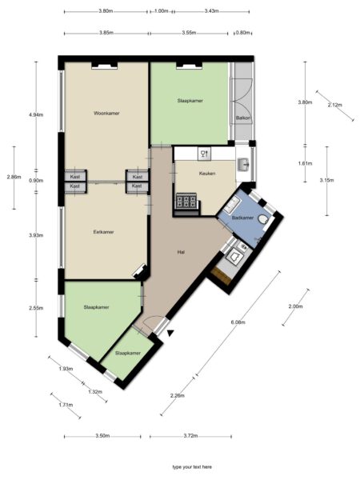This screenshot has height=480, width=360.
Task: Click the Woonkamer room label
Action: click(106, 114)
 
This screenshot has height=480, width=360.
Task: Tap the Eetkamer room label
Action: click(103, 232)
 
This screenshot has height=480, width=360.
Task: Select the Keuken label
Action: click(207, 174)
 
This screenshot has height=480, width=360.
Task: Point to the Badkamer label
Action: click(242, 218)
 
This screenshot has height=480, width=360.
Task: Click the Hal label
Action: click(181, 252)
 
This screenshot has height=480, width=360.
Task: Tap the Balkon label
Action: click(244, 118)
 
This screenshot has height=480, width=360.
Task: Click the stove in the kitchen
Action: click(186, 202)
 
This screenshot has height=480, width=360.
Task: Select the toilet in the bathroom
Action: click(262, 219)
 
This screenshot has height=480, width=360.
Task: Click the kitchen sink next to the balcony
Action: click(244, 165)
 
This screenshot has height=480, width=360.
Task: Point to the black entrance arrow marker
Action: click(170, 334)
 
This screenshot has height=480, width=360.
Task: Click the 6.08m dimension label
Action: click(238, 322)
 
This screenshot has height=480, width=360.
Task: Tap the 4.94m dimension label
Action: click(36, 115)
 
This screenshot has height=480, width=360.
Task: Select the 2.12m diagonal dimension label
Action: click(335, 105)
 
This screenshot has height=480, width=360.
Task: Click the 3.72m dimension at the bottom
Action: click(190, 436)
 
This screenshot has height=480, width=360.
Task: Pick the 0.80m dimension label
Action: click(242, 33)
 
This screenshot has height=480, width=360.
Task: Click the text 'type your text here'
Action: click(192, 467)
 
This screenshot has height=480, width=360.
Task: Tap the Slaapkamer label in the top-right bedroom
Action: click(190, 101)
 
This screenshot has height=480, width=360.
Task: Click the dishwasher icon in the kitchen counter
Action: click(205, 154)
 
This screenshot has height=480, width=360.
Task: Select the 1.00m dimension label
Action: click(161, 11)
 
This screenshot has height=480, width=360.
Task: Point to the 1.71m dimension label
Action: click(66, 405)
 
